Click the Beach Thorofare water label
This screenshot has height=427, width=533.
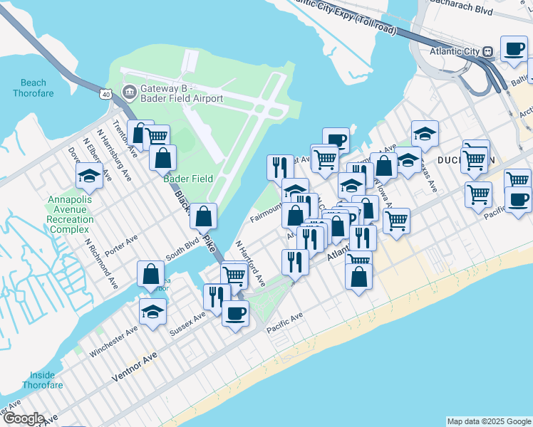33,88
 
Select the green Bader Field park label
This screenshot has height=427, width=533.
188,179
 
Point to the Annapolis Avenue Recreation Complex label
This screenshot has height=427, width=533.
70,210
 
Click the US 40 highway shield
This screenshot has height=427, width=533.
105,93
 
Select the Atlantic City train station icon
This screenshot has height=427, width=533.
489,51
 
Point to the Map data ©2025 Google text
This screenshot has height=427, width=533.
489,421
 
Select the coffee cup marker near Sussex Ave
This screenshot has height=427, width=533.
235,312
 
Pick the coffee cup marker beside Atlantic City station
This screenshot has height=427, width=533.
514,48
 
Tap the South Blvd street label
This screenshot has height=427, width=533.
182,255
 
